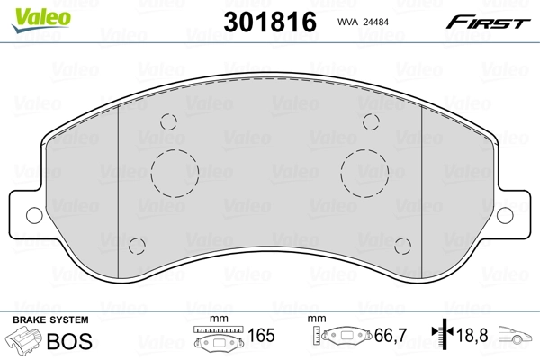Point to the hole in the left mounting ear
click(x=33, y=215)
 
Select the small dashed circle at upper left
click(x=167, y=124)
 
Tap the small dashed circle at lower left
click(x=137, y=245)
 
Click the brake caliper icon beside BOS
click(x=24, y=342)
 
